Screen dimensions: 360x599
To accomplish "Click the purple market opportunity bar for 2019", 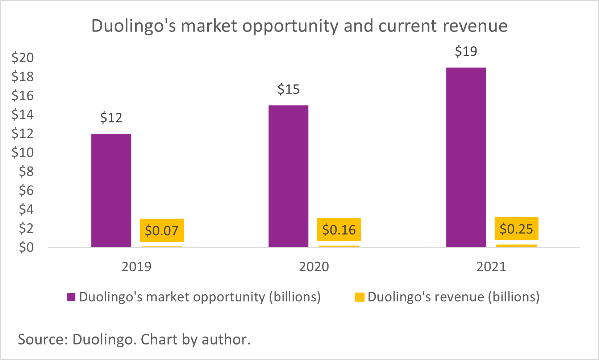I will (111, 190).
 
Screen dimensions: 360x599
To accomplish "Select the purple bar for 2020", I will (288, 176).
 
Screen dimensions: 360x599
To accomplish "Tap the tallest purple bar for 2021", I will (466, 157).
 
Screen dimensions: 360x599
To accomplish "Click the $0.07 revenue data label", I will (162, 231).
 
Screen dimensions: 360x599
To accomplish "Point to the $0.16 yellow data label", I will (339, 230).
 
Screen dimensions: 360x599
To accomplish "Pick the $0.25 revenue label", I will (516, 229).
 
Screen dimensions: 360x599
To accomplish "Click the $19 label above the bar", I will (466, 51).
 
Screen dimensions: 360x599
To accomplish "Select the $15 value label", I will (288, 89).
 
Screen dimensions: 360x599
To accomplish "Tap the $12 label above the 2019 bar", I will (111, 118).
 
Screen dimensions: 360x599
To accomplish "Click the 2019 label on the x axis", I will (136, 267).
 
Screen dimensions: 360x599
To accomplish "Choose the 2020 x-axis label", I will (314, 267).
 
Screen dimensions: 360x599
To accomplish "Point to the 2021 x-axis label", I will (491, 267).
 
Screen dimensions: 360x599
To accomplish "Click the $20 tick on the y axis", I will (22, 58).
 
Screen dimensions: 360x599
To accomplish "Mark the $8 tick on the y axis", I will (26, 171).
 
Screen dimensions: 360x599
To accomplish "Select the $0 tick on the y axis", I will (26, 247).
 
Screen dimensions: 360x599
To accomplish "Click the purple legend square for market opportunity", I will (71, 297).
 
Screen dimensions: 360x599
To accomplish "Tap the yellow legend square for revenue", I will (359, 297).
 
